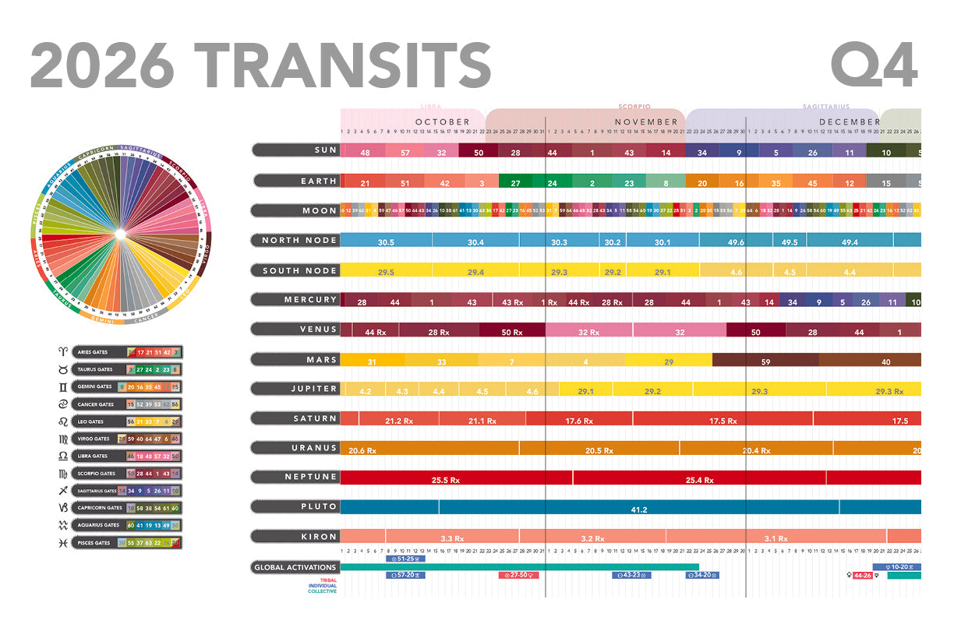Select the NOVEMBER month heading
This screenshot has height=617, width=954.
pos(646,122)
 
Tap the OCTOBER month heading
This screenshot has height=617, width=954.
pos(443,122)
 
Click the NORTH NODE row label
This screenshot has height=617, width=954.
pos(299,241)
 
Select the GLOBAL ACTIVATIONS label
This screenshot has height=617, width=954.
pos(295,567)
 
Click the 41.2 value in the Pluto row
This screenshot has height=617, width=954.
pos(639,509)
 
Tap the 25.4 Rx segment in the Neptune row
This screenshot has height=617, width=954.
pos(699,480)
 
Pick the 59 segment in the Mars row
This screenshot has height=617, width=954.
pos(765,361)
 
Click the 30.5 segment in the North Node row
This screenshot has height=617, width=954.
pos(386,242)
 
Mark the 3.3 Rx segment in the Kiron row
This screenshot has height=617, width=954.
pos(452,538)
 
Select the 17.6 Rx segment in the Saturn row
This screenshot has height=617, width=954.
pos(579,421)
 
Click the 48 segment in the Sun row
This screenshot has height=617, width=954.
pos(365,153)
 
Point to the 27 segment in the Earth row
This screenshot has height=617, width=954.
pos(515,183)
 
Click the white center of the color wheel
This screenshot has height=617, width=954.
pos(119,234)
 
